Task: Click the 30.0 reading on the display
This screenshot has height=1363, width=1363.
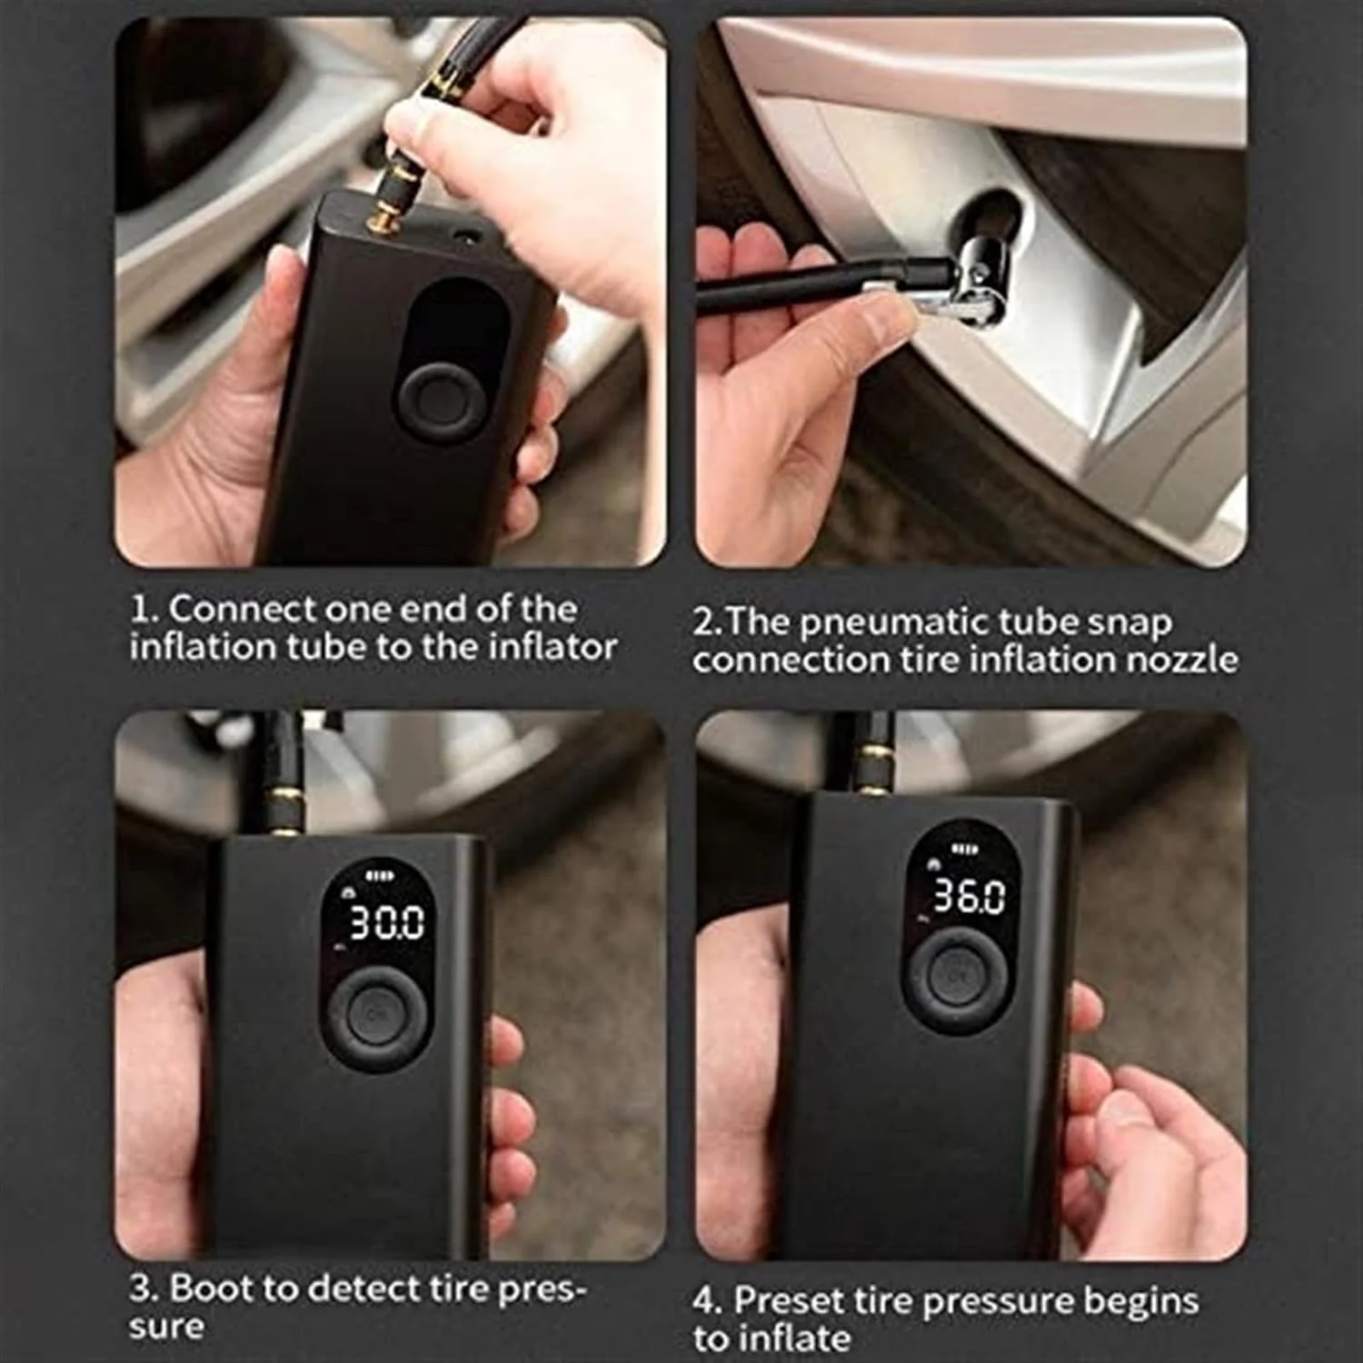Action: [387, 922]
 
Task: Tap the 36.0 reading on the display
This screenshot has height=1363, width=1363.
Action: [970, 897]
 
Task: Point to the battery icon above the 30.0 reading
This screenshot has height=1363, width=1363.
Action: [375, 878]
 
